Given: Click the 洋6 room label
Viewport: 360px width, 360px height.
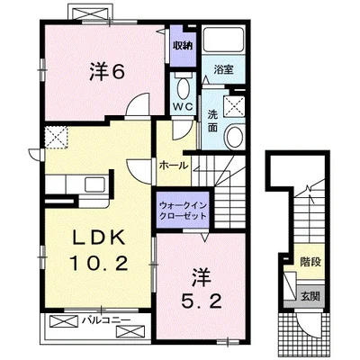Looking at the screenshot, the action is pos(107,72).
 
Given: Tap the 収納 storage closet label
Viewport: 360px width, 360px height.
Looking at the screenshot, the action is pos(183,46).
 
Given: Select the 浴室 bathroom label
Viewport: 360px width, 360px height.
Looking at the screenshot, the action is pos(223,69).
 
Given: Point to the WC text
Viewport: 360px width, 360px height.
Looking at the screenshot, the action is pos(184,107).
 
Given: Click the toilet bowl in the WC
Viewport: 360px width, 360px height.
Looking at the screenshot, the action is pos(184,87).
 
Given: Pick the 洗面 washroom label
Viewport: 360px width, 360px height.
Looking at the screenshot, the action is pos(212,121).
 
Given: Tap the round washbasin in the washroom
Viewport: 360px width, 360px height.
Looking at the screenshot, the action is pos(235,137).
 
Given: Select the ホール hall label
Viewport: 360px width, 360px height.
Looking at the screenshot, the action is pos(174,166).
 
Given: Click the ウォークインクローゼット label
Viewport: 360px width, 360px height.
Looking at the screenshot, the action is pos(183,211).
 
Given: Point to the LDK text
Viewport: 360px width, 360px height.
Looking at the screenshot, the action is pos(99,238).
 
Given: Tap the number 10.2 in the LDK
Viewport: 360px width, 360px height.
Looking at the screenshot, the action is pos(99,264).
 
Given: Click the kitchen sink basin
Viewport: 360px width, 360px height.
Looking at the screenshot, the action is pos(94,184).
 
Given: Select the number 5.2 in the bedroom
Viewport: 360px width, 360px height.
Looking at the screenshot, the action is pos(201,301).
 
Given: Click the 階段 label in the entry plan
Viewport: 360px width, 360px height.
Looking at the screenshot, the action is pos(310,262).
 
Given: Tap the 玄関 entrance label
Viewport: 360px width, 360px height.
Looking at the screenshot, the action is pos(310,296).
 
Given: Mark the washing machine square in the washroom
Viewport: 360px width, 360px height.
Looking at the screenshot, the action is pos(235,105).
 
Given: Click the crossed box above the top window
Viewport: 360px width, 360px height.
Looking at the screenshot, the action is pos(91,12).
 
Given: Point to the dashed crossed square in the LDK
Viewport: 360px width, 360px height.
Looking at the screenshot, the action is pos(57,138).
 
